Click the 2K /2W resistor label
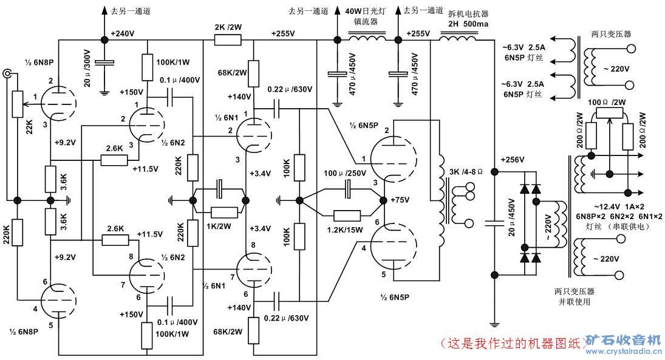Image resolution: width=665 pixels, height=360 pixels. pos(228,27)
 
